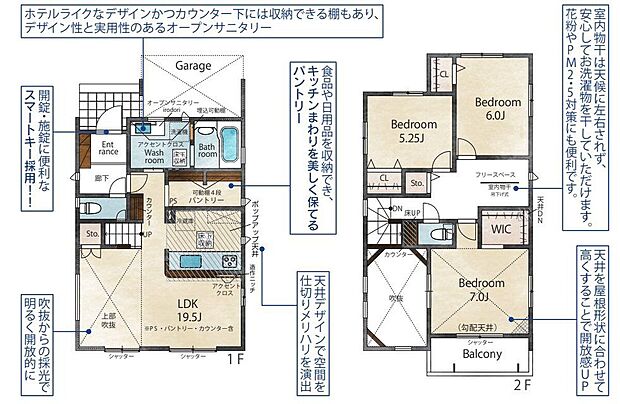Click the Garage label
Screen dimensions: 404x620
(193, 66)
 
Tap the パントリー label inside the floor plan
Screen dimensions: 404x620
(200, 201)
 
